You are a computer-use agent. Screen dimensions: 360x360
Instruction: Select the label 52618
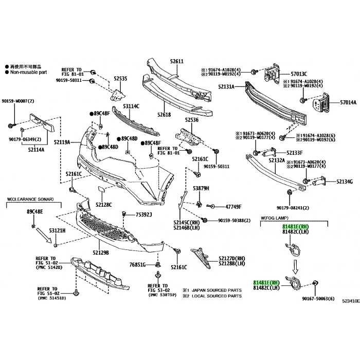[164, 115]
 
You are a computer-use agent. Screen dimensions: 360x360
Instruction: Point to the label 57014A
[348, 103]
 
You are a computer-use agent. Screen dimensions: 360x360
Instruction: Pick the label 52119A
[61, 142]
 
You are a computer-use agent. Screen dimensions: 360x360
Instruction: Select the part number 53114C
[131, 106]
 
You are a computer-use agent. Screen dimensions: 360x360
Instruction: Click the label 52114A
[36, 150]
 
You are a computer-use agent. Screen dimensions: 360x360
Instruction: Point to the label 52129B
[101, 253]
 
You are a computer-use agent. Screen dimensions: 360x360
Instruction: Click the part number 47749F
[233, 207]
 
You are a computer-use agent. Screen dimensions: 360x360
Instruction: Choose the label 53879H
[201, 188]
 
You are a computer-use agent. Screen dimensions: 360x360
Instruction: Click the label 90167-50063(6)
[318, 299]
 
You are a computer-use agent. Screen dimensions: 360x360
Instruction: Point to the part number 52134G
[344, 182]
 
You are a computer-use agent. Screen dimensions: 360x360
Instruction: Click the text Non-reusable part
[28, 73]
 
